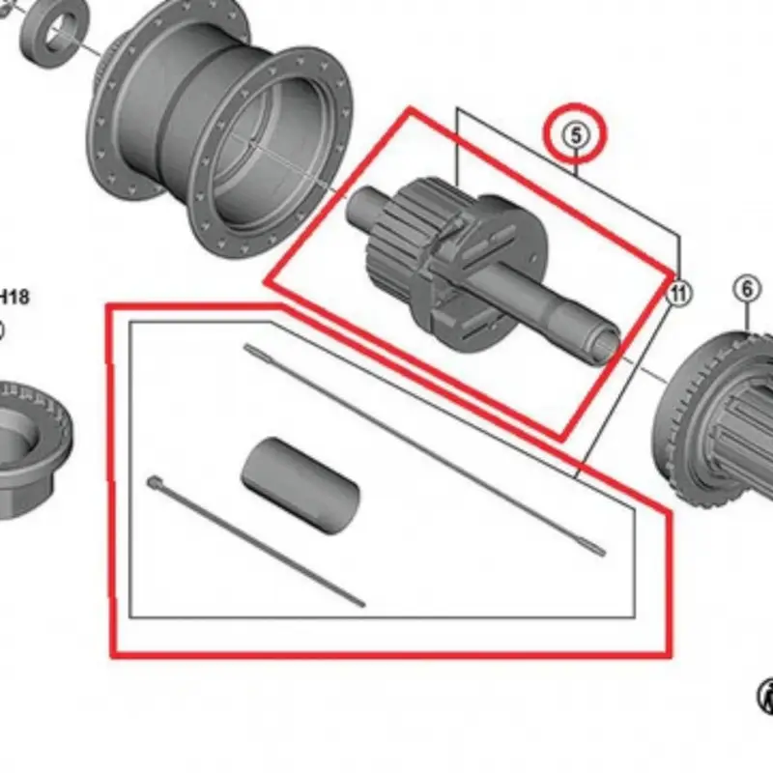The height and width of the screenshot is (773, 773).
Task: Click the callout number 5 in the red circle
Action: tap(577, 136)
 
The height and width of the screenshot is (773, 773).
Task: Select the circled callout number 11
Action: tap(679, 292)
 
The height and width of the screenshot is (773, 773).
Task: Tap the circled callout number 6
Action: tap(747, 288)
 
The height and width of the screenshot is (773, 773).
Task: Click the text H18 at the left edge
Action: tap(14, 297)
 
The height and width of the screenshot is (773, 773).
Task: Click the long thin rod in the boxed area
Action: tap(425, 449)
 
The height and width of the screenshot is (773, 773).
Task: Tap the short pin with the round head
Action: tap(256, 541)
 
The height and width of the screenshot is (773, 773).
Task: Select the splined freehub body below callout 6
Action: tap(720, 415)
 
